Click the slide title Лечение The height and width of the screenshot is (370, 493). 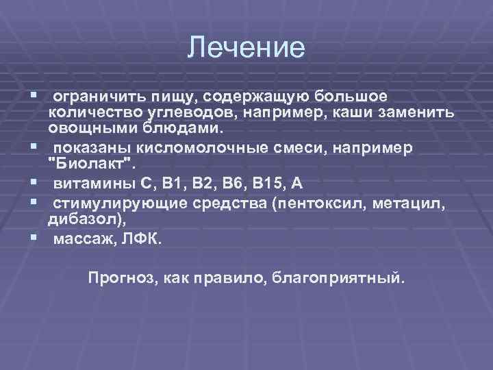[246, 47]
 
